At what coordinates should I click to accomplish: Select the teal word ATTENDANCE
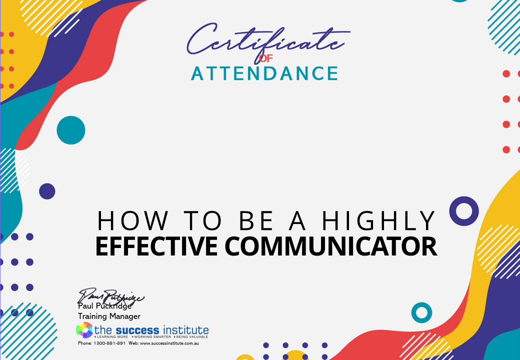[x=264, y=73]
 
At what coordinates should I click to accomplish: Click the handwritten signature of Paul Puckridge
[x=111, y=296]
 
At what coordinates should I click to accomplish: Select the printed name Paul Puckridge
[x=104, y=306]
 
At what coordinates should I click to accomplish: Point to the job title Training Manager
[x=109, y=316]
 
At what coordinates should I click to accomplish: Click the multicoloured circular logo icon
[x=84, y=330]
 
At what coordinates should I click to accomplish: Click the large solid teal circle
[x=71, y=130]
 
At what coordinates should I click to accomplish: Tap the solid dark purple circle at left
[x=47, y=191]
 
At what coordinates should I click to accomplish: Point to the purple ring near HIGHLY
[x=464, y=210]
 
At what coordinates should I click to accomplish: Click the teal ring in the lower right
[x=421, y=312]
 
